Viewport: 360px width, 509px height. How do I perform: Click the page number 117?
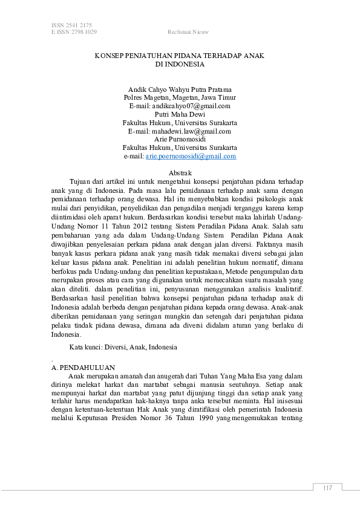click(x=328, y=488)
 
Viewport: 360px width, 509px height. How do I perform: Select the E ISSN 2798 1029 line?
click(x=74, y=32)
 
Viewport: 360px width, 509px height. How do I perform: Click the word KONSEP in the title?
click(x=108, y=55)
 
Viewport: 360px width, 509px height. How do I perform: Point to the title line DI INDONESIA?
click(x=179, y=63)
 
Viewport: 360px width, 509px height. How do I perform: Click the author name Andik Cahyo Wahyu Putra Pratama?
click(x=180, y=89)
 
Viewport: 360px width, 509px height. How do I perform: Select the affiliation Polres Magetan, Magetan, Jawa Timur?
click(x=180, y=97)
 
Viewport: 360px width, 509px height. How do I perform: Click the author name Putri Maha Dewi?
click(x=180, y=114)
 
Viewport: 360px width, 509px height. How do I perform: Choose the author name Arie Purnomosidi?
click(x=180, y=139)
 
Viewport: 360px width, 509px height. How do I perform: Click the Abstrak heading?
click(x=180, y=173)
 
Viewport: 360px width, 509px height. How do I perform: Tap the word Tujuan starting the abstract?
click(x=82, y=181)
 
